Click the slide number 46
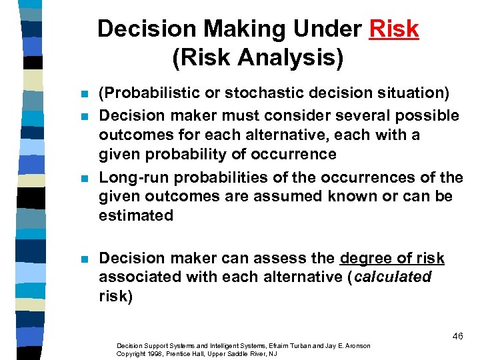click(x=457, y=336)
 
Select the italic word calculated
click(x=393, y=277)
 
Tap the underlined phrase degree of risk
click(x=392, y=258)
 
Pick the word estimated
click(x=136, y=215)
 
